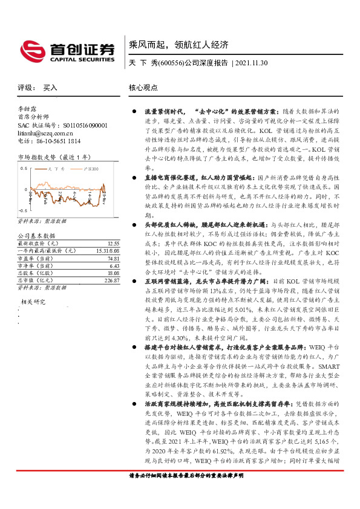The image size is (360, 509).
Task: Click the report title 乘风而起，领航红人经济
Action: [178, 45]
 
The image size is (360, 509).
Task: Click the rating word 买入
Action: [50, 88]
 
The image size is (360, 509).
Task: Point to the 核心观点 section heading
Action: [144, 88]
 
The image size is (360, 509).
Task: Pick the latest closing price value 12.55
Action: [113, 243]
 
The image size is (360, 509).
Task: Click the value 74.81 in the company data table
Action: [113, 258]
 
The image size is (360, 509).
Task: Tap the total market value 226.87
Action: [111, 279]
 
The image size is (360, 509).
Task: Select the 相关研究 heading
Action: [34, 300]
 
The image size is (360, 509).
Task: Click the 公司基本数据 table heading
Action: [36, 235]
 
